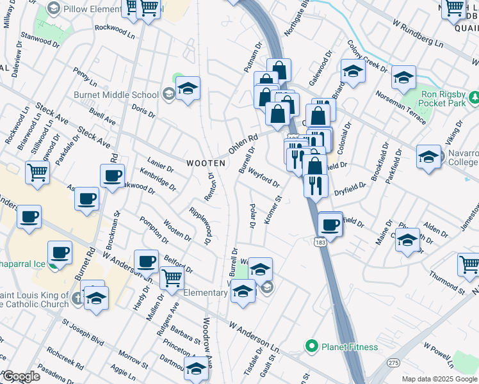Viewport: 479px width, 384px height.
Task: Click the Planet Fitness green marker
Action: tap(312, 347)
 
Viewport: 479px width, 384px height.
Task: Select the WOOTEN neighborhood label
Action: tap(206, 163)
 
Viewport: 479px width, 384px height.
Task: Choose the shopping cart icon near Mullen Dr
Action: tap(172, 278)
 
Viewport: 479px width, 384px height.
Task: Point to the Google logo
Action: tap(21, 376)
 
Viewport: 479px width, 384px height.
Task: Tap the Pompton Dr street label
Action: tap(154, 230)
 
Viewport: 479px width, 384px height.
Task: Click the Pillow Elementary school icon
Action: tap(54, 9)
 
